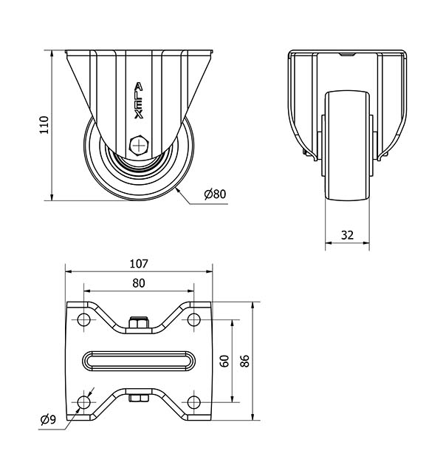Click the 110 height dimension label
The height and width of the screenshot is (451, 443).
coord(44,125)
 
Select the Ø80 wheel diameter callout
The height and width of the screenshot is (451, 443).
coord(215,194)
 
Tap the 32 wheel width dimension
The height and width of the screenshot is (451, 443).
coord(347,235)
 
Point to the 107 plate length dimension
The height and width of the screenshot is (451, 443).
coord(139,263)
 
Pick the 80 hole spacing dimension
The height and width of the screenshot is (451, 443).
coord(139,283)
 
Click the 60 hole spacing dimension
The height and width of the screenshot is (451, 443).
coord(224,361)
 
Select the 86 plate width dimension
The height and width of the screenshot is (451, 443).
coord(245,361)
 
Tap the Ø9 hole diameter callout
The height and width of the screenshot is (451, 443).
coord(48,420)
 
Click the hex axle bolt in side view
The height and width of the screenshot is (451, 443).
coord(139,146)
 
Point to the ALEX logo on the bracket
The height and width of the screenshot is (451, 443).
coord(139,101)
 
